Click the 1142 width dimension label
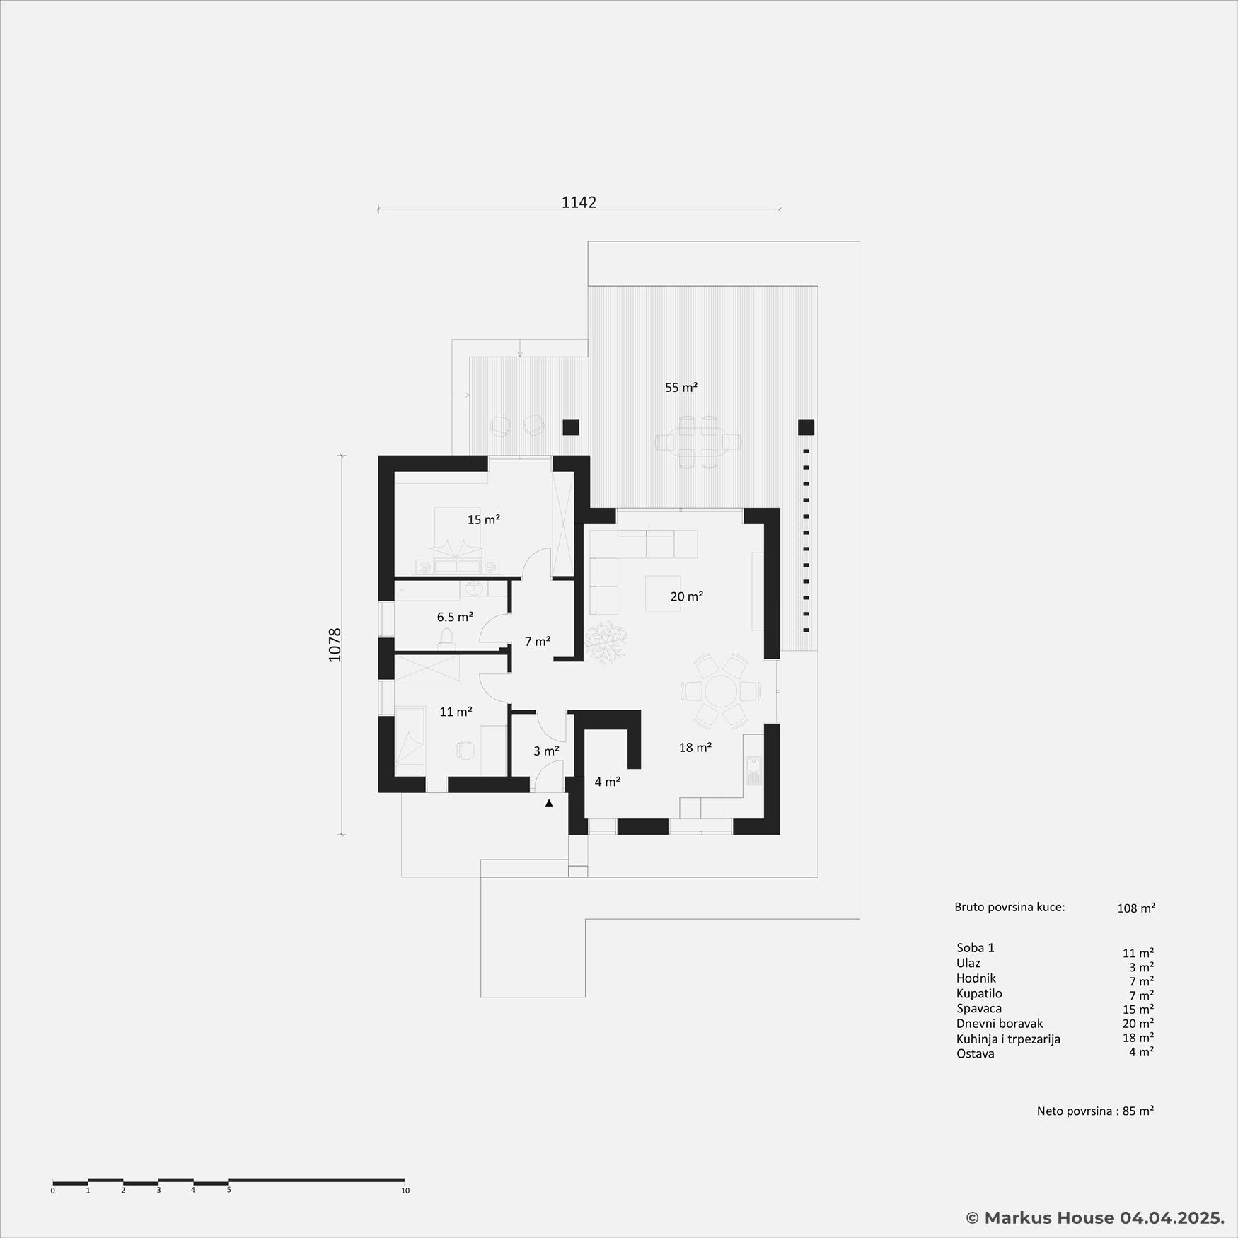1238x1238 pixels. [x=579, y=202]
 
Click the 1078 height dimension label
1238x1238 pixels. [x=335, y=644]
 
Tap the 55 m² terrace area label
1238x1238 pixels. [x=681, y=388]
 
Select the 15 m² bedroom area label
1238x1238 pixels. [x=484, y=520]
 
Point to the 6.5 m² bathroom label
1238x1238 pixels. [x=455, y=618]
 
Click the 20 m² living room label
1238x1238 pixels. [x=686, y=597]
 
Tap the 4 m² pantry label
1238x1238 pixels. [x=607, y=782]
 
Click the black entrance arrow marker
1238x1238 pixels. [x=549, y=804]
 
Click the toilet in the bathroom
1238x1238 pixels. [x=446, y=638]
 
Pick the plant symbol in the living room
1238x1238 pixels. [x=605, y=642]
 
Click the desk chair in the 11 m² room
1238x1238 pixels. [x=465, y=749]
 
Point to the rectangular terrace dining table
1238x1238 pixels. [x=698, y=442]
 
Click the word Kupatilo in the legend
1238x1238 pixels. [x=979, y=994]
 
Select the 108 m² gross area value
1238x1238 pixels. [x=1135, y=908]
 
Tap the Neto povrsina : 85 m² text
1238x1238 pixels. [x=1095, y=1111]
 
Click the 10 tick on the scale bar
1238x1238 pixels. [x=405, y=1191]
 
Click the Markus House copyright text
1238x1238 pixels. [x=1095, y=1217]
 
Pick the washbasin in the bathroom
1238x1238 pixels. [x=475, y=589]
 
